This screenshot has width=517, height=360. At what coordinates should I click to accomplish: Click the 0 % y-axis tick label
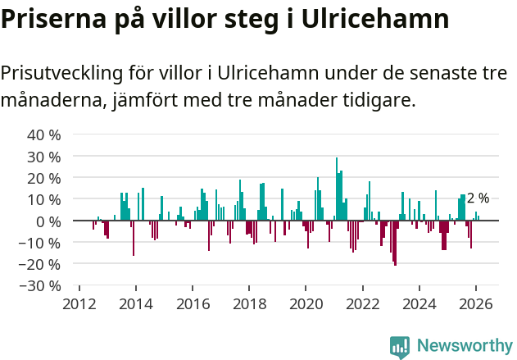[x=48, y=221]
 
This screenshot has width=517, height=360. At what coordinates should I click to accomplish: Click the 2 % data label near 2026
[x=478, y=198]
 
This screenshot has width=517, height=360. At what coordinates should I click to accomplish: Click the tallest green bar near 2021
[x=336, y=189]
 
